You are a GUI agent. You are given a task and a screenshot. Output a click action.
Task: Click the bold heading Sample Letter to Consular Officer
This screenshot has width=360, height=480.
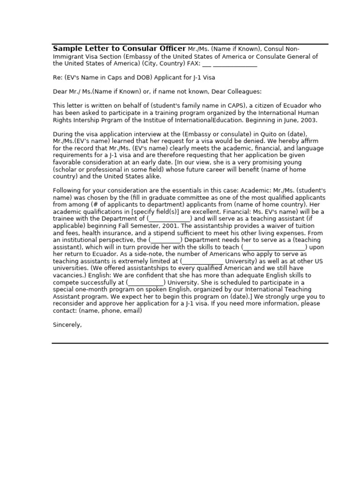[119, 49]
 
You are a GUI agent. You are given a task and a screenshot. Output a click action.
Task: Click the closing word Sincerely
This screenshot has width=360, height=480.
[67, 324]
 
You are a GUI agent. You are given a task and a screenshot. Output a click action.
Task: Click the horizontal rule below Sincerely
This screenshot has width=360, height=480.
[190, 343]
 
